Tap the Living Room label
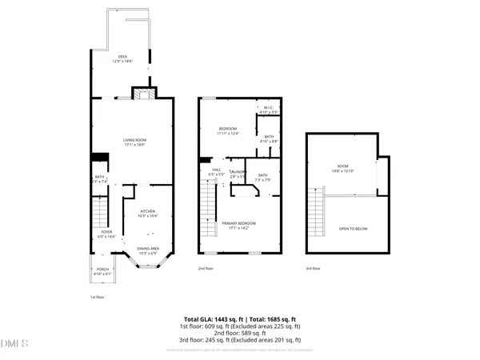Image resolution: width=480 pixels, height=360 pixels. point(134,142)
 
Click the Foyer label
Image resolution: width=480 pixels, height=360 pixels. point(106,234)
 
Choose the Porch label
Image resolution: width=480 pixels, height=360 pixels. point(102,271)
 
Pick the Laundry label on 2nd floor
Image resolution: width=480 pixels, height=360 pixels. point(237,174)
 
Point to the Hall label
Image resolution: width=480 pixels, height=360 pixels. point(217,171)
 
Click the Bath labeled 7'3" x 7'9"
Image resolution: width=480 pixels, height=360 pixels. point(263,178)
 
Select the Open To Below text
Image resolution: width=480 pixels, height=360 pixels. point(352,229)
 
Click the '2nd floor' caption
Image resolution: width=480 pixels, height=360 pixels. point(206,269)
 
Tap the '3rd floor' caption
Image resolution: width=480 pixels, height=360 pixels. point(313,269)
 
